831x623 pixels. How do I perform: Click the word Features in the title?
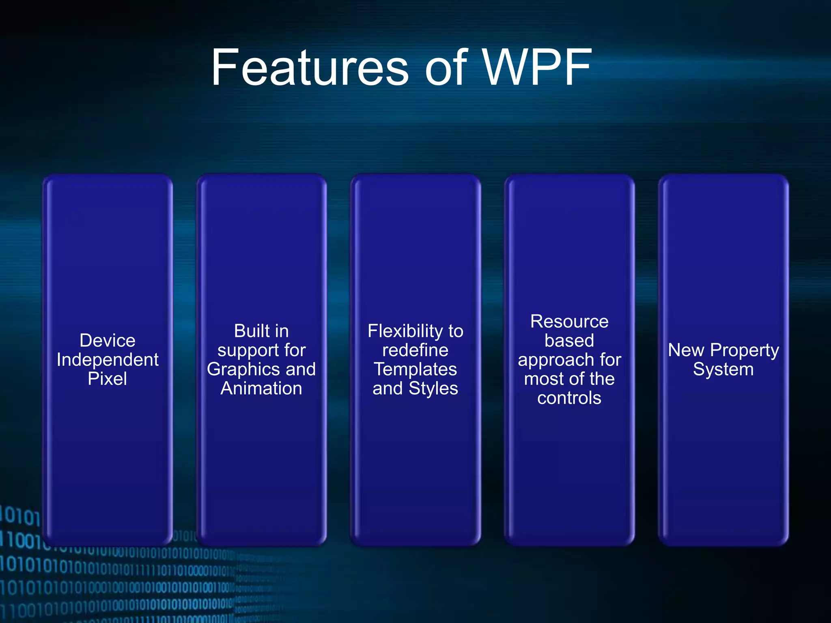[310, 68]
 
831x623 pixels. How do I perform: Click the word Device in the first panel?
[108, 340]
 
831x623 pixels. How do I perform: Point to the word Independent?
[108, 360]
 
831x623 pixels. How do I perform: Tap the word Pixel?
[108, 379]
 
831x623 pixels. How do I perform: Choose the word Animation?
[261, 389]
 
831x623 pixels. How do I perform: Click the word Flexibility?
[404, 331]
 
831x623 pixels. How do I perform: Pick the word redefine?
[415, 350]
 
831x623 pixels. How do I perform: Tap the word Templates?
[415, 370]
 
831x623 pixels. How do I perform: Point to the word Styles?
[433, 389]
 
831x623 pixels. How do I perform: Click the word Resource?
[569, 322]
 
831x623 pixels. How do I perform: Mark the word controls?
[569, 398]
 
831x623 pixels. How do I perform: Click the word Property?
[745, 350]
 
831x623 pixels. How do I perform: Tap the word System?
[723, 370]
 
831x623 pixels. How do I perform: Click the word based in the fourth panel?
[569, 341]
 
